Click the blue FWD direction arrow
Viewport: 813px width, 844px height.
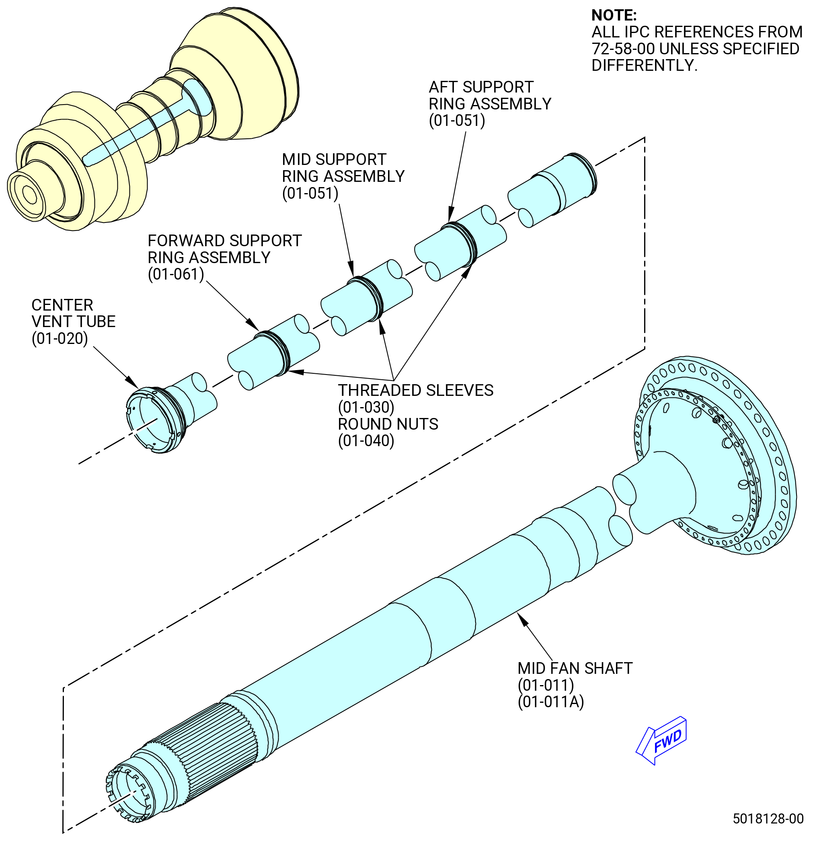pos(661,740)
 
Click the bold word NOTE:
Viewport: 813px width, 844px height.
pos(614,16)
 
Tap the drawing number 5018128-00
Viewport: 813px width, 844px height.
pos(768,819)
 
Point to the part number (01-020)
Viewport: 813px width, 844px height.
pos(60,338)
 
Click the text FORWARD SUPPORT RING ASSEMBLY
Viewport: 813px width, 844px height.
pos(225,249)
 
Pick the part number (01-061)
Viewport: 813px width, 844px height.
pos(176,274)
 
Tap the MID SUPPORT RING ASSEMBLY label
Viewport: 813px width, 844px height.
pos(343,168)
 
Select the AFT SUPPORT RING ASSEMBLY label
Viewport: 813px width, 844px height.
pos(490,95)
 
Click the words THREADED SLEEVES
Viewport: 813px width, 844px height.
pos(416,390)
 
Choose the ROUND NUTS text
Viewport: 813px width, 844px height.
pos(388,424)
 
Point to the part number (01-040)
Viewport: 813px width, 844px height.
pos(366,441)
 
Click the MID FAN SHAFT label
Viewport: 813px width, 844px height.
pos(575,668)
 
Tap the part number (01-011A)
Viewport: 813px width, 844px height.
pos(551,702)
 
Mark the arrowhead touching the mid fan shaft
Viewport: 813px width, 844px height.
pos(522,620)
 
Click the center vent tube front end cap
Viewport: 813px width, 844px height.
pos(155,420)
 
